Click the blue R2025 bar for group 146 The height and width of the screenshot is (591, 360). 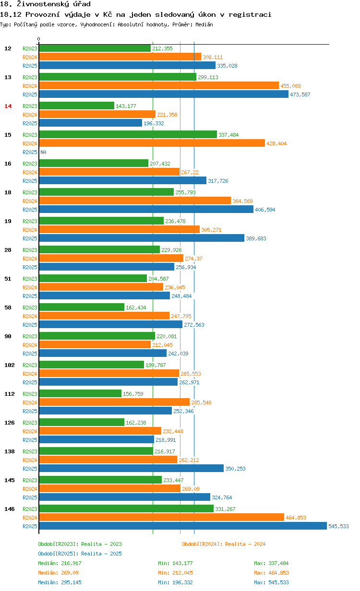[x=182, y=526]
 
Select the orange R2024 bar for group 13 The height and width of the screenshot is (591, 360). [x=158, y=85]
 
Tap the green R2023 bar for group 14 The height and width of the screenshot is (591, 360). [x=76, y=106]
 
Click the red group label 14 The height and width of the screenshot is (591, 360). [x=8, y=106]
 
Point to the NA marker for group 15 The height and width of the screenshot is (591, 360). [x=43, y=152]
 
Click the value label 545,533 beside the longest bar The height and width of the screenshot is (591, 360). [x=338, y=526]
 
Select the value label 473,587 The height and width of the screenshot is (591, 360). [x=300, y=95]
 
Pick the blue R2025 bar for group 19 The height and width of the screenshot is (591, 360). [x=142, y=238]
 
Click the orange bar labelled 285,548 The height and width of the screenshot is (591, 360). [x=114, y=402]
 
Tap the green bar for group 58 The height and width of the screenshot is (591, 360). [x=82, y=307]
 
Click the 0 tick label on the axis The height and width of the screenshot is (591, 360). [x=39, y=39]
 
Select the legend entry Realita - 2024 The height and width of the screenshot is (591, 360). [x=224, y=544]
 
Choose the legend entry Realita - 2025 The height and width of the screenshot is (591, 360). [x=80, y=554]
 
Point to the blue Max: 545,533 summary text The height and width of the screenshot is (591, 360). [x=271, y=582]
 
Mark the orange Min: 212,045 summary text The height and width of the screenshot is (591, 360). [x=175, y=573]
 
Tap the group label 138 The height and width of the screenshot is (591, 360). [x=10, y=451]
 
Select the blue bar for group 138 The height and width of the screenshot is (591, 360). [x=131, y=469]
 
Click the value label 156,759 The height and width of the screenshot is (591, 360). [x=133, y=394]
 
